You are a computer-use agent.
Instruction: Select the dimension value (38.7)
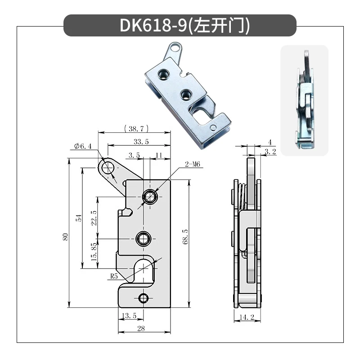(135, 129)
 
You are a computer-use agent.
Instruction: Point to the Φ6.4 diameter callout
(83, 146)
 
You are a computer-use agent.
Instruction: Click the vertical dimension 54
(79, 218)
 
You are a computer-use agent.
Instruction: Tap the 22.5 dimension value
(94, 218)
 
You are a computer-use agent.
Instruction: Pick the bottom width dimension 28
(141, 329)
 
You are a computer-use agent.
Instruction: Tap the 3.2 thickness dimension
(270, 152)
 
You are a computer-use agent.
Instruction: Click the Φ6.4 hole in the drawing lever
(108, 168)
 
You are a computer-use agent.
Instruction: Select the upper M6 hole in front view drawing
(149, 196)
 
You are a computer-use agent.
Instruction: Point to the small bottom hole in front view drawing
(144, 297)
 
